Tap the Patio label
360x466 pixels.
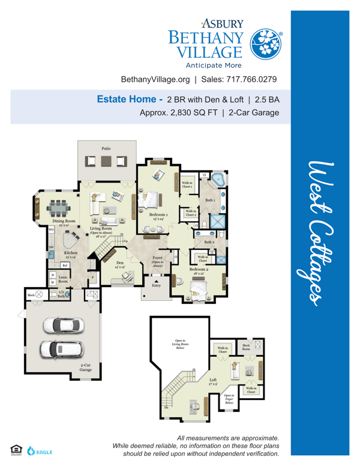pos(106,148)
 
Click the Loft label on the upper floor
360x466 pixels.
pos(213,380)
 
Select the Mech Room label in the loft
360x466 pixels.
pos(247,348)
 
